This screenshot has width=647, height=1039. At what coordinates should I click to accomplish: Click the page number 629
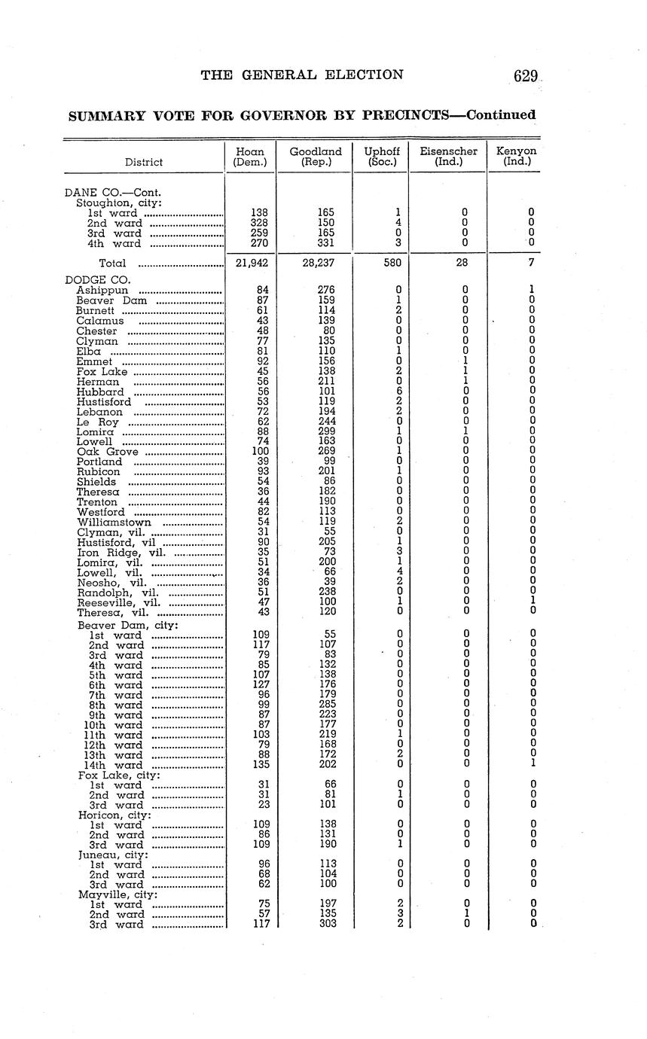tap(525, 75)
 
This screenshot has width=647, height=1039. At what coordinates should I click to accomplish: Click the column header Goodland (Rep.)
tap(315, 157)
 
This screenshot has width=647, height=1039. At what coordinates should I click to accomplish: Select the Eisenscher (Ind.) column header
tap(448, 157)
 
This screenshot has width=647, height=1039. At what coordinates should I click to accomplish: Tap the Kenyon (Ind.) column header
tap(516, 157)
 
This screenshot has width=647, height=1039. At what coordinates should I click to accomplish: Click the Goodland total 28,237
tap(316, 263)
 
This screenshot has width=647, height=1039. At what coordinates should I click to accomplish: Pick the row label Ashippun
tap(102, 290)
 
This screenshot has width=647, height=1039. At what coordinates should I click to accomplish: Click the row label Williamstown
tap(114, 523)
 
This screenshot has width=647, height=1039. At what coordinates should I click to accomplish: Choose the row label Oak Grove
tap(107, 452)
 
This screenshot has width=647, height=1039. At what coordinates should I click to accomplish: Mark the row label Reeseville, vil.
tap(118, 602)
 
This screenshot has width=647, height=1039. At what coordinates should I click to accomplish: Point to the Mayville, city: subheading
tap(117, 894)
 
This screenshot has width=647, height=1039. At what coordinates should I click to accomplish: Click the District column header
tap(144, 162)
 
